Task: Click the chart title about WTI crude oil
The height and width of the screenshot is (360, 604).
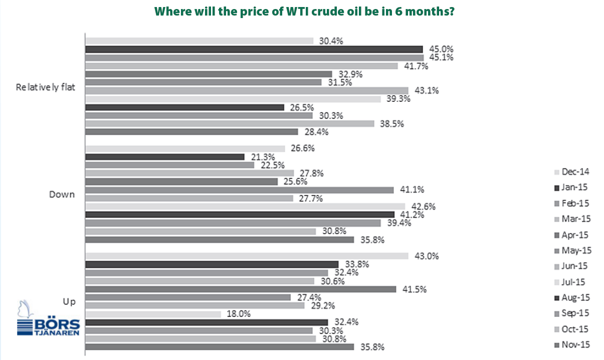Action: coord(304,12)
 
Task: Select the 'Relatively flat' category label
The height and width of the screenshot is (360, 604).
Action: coord(45,87)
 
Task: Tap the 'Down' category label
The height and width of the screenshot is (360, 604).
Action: coord(62,195)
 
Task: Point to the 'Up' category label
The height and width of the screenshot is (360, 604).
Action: coord(69,302)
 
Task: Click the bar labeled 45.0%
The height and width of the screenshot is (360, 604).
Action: coord(254,49)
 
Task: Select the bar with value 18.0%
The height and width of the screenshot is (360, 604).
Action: coord(153,314)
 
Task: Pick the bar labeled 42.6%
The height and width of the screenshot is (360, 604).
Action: coord(246,207)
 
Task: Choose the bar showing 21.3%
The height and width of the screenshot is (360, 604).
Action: coord(165,157)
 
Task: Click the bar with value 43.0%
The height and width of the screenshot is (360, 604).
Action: coord(247,256)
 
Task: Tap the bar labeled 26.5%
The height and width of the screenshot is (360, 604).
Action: coord(184,107)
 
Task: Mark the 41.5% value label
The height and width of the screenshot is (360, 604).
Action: coord(415,289)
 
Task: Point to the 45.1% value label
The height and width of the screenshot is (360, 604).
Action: coord(441,57)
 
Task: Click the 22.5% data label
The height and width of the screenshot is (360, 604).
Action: coord(273,165)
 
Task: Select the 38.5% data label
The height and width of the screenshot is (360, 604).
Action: coord(392,124)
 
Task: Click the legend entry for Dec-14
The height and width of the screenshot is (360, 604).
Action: coord(571,172)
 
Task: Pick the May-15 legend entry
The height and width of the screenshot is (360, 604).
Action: coord(573,251)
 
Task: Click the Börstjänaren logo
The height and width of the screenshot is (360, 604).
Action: coord(48,318)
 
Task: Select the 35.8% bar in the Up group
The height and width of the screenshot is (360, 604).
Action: coord(220,347)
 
